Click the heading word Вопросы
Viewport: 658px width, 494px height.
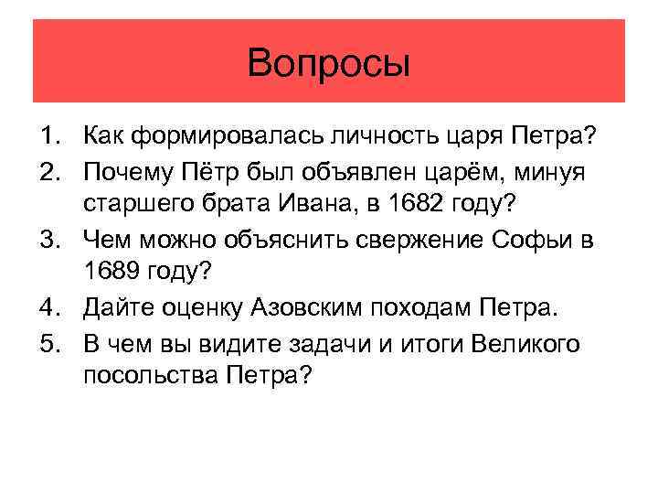click(x=329, y=64)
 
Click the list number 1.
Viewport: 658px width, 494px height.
click(x=47, y=137)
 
